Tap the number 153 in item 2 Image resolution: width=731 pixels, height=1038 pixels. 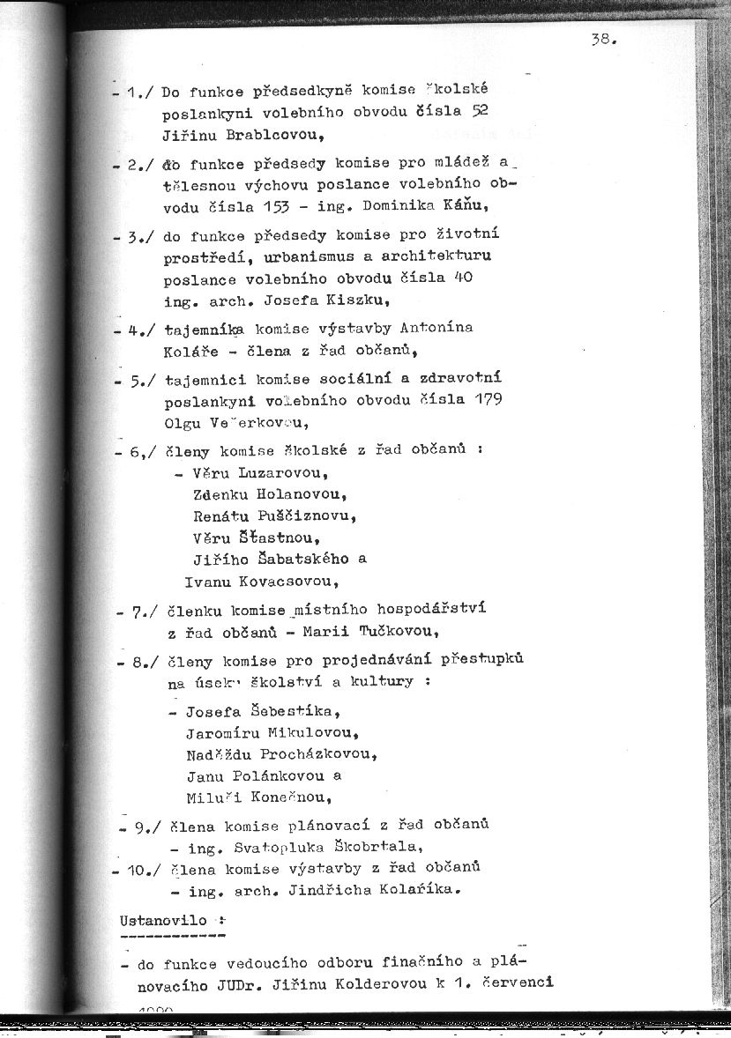(x=295, y=205)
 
